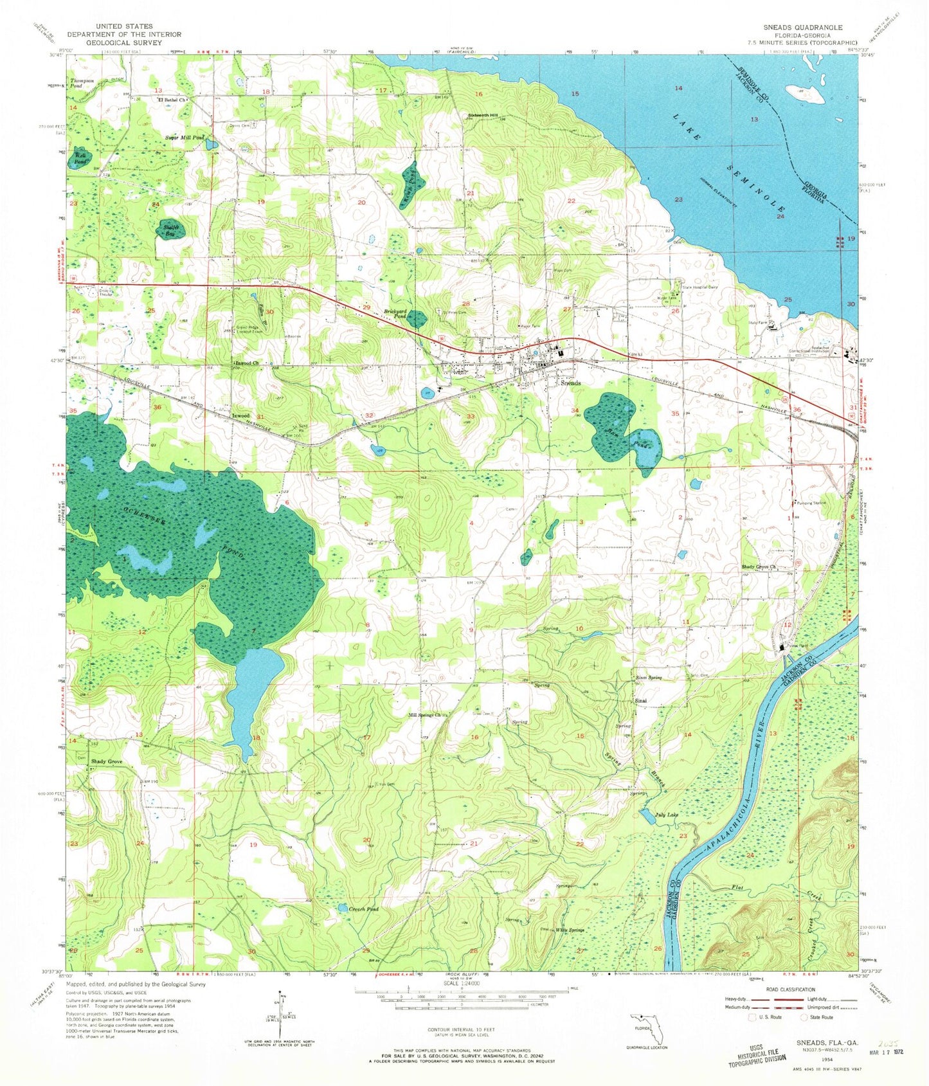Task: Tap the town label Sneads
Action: (570, 383)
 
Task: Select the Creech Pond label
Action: (363, 909)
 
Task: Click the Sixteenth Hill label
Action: (481, 115)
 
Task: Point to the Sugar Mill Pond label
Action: (185, 138)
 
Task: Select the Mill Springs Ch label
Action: (426, 714)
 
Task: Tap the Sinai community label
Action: (640, 700)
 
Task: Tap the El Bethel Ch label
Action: (172, 100)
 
